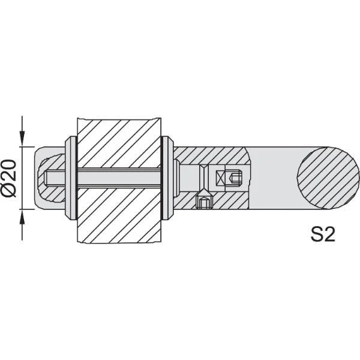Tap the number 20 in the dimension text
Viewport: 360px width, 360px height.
coord(11,170)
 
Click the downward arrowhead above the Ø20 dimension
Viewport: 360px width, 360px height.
coord(23,138)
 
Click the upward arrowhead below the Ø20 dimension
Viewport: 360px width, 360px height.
coord(23,218)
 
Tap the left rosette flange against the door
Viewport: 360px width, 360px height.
coord(70,178)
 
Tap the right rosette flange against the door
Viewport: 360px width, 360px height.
coord(167,178)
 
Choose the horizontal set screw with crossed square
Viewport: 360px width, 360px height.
coord(232,178)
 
